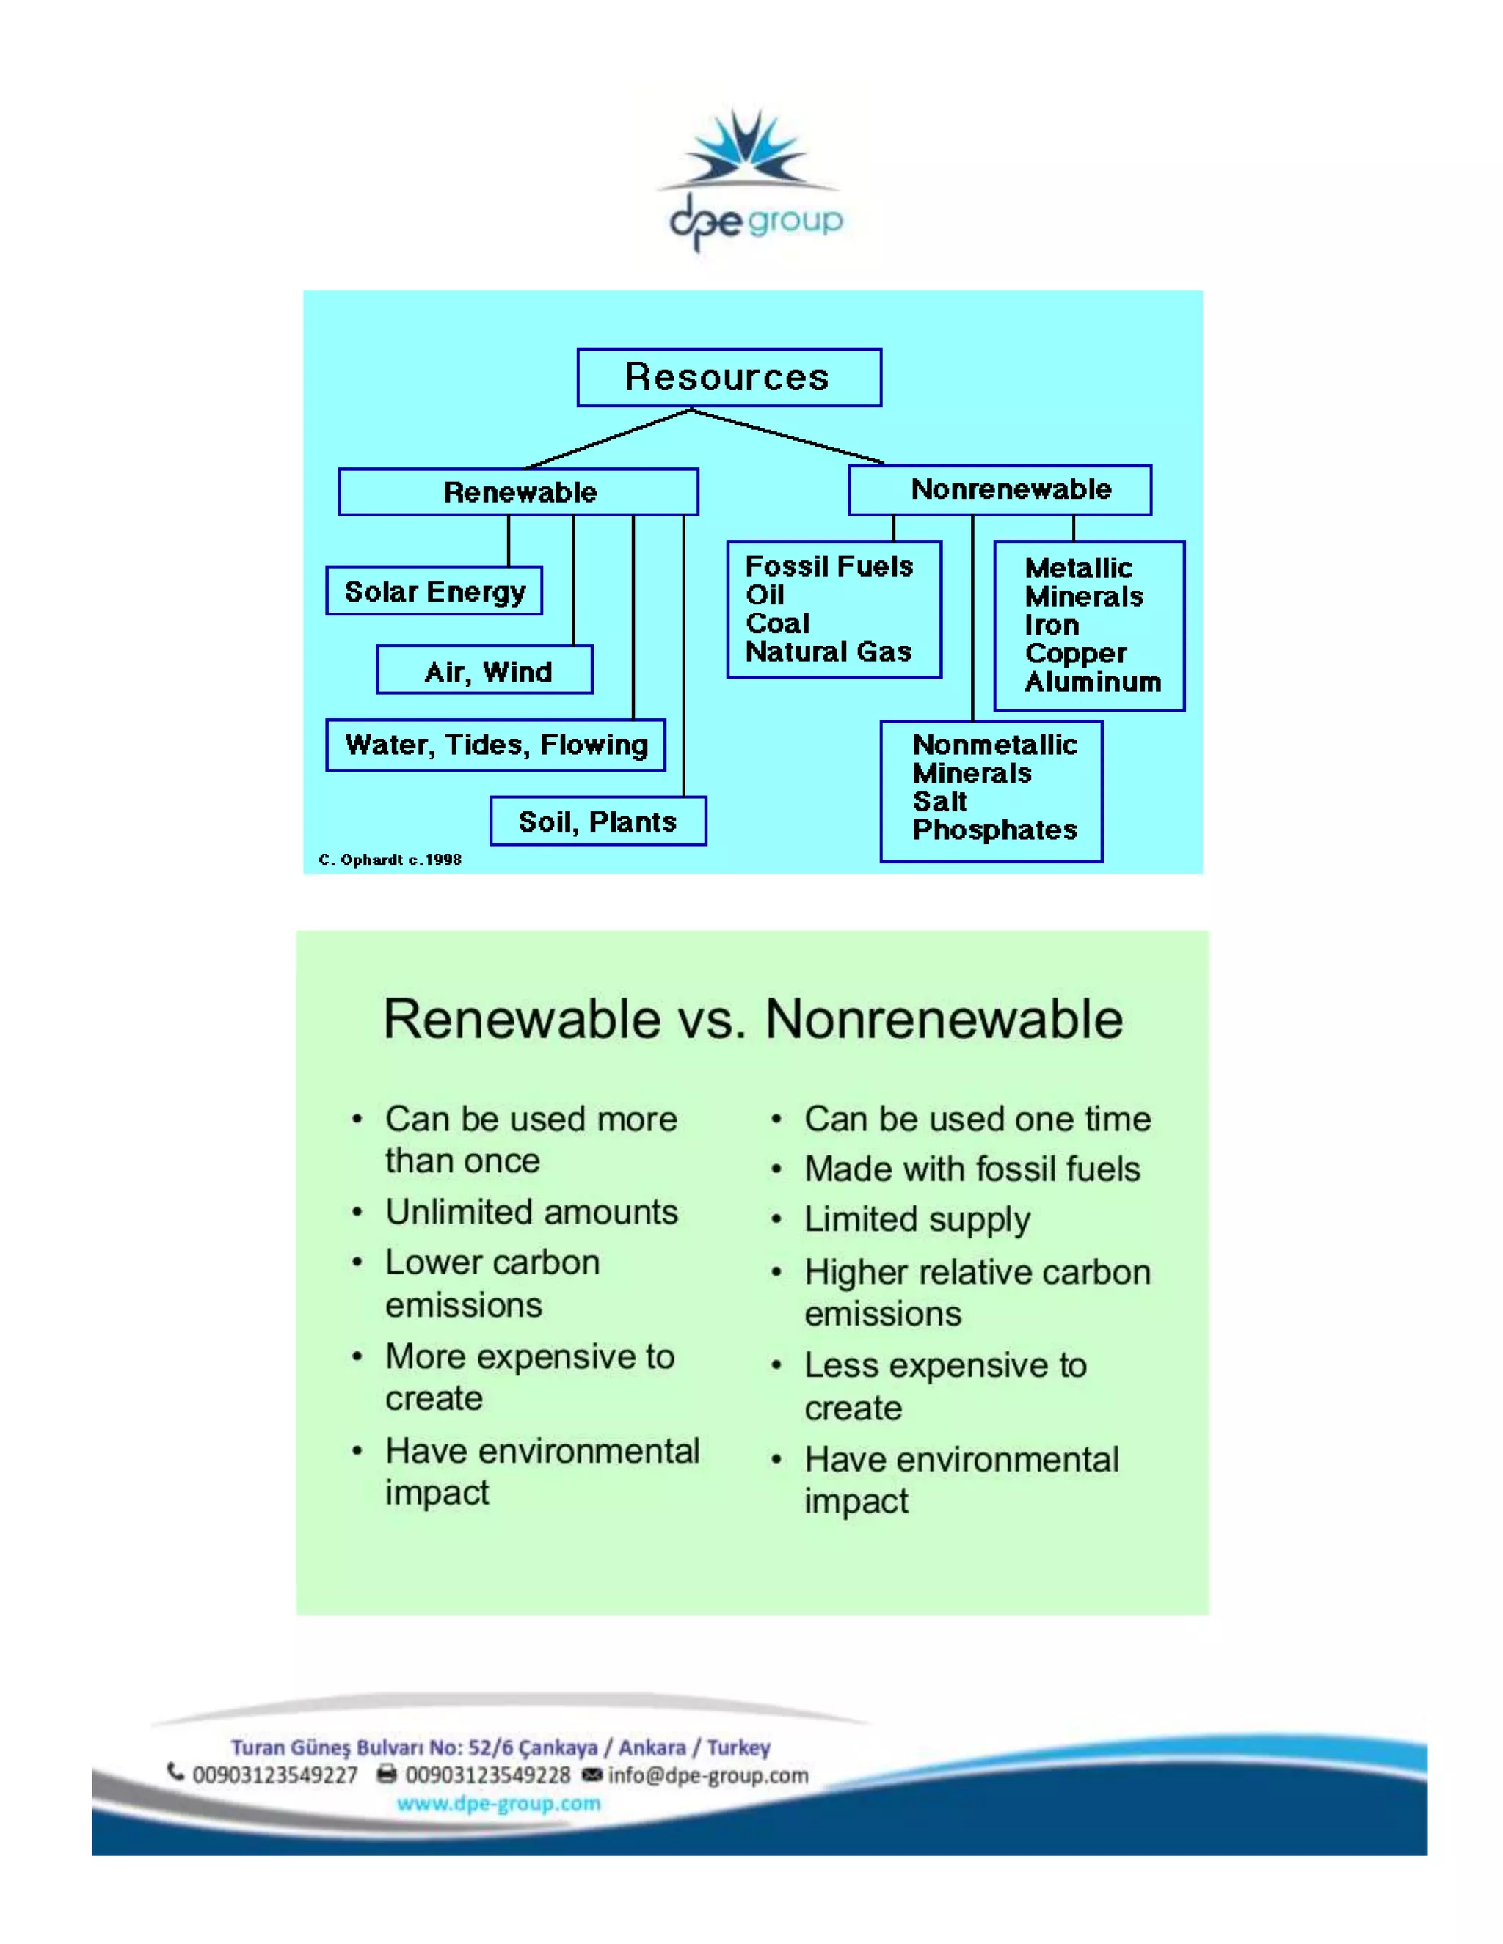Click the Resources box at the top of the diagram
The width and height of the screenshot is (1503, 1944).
pyautogui.click(x=728, y=377)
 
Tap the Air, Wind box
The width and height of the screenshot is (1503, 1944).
pyautogui.click(x=485, y=670)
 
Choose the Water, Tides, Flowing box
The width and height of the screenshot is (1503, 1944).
pyautogui.click(x=495, y=745)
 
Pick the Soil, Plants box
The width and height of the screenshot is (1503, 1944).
pyautogui.click(x=597, y=821)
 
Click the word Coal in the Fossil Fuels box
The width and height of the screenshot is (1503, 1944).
pyautogui.click(x=777, y=623)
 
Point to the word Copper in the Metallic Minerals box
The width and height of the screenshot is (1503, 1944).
pyautogui.click(x=1074, y=654)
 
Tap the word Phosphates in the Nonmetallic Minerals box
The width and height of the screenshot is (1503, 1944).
pyautogui.click(x=994, y=830)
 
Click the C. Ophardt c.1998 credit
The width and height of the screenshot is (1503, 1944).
pyautogui.click(x=390, y=859)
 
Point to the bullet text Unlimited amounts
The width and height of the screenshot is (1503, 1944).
pyautogui.click(x=531, y=1211)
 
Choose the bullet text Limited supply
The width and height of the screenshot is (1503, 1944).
pyautogui.click(x=917, y=1218)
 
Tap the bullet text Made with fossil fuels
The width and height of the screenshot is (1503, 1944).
pyautogui.click(x=972, y=1169)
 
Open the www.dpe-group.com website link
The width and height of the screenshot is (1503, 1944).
pyautogui.click(x=498, y=1803)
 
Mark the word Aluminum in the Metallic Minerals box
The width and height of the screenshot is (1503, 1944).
pyautogui.click(x=1093, y=682)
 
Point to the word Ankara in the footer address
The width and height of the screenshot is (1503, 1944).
pyautogui.click(x=652, y=1747)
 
